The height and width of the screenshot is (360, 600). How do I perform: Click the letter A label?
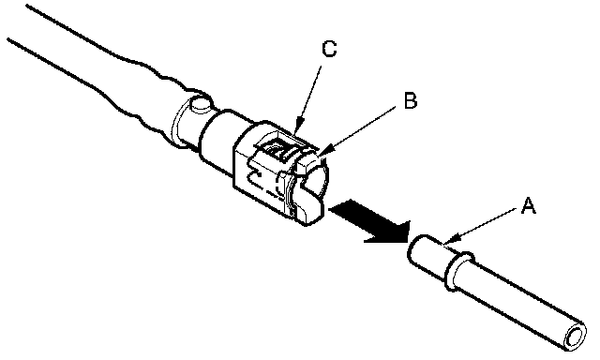click(529, 206)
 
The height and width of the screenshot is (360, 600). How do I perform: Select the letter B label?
click(411, 101)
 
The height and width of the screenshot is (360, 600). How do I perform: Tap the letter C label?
click(329, 49)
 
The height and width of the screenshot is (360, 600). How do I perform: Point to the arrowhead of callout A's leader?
click(448, 241)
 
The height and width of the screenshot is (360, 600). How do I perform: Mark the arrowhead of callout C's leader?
click(299, 129)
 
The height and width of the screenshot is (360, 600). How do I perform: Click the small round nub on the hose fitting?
click(201, 104)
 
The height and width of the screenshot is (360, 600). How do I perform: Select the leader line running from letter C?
click(309, 98)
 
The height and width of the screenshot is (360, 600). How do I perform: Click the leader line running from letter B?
click(359, 131)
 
